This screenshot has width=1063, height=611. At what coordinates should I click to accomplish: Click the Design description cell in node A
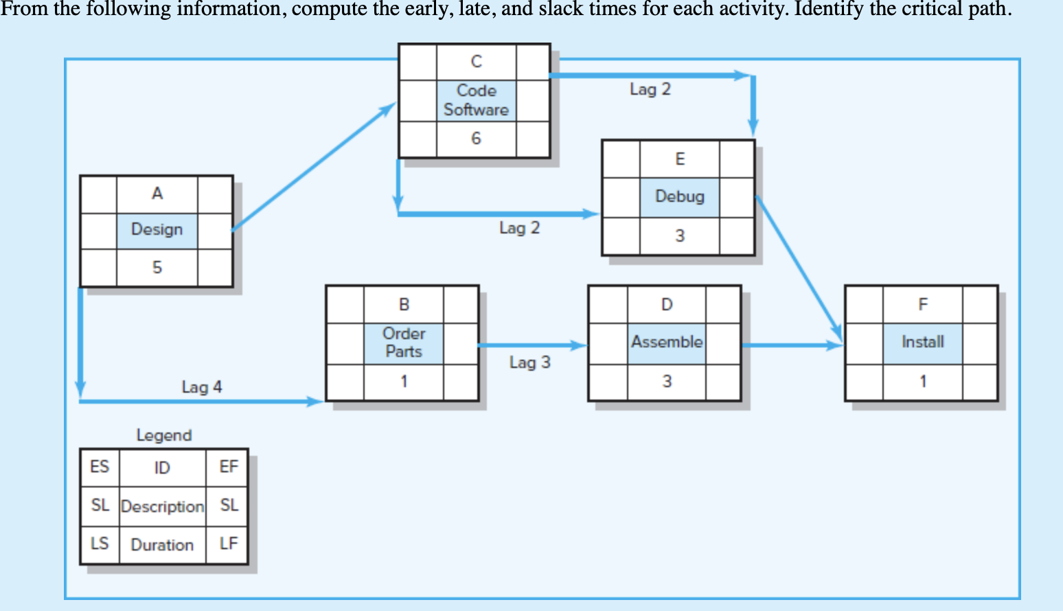[x=157, y=230]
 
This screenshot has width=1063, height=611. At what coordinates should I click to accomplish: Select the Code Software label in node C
[x=476, y=100]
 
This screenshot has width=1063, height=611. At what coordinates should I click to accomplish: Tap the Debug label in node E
[x=680, y=197]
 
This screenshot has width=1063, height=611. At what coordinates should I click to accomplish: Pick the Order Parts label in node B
[x=404, y=343]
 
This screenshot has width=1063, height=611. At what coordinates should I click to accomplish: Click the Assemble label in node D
[x=667, y=342]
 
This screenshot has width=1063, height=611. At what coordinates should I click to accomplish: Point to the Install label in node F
[x=922, y=342]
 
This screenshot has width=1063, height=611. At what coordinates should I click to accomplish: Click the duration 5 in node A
[x=157, y=268]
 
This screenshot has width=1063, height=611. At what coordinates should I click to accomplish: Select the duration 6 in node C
[x=476, y=139]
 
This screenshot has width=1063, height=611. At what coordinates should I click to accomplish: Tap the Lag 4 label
[x=202, y=387]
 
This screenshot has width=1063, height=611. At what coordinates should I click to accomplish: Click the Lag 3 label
[x=529, y=362]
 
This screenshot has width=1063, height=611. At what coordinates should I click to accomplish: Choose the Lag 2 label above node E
[x=650, y=89]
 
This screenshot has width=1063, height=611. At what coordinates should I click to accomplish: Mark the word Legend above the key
[x=164, y=435]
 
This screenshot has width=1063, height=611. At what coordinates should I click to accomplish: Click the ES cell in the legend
[x=100, y=467]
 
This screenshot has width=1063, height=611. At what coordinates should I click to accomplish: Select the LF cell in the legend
[x=229, y=544]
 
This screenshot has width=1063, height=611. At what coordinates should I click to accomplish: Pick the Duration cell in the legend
[x=162, y=545]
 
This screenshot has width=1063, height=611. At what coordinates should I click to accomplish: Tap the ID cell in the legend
[x=162, y=468]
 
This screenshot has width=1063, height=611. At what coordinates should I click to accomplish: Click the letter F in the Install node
[x=922, y=304]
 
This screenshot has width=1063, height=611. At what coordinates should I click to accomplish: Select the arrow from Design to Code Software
[x=313, y=167]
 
